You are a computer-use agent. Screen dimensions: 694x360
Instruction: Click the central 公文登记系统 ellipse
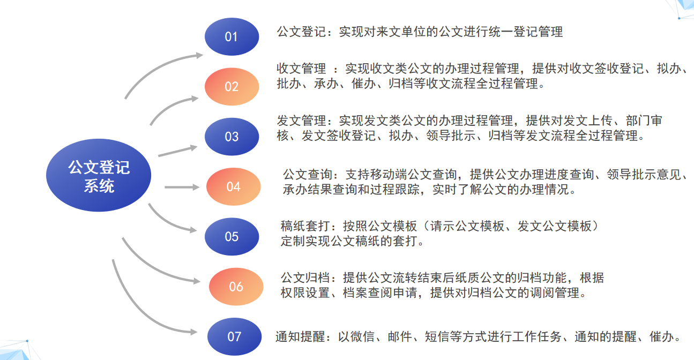click(99, 175)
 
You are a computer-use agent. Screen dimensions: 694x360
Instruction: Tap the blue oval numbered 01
click(232, 36)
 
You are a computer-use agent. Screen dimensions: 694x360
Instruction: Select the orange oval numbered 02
click(232, 87)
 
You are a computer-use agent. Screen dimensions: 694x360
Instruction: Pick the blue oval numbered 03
click(232, 137)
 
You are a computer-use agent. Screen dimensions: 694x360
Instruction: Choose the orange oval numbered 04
click(233, 186)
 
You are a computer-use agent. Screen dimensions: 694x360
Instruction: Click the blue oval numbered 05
click(232, 237)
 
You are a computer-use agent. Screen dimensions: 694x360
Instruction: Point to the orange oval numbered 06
click(236, 287)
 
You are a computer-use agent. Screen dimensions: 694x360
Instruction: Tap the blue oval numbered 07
click(234, 336)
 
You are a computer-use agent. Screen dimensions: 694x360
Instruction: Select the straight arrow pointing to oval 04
click(182, 187)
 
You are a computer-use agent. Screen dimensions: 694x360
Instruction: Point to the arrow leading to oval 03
click(178, 151)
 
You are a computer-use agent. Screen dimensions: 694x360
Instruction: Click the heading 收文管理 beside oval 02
click(301, 69)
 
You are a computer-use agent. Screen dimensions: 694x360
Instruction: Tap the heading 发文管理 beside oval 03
click(301, 121)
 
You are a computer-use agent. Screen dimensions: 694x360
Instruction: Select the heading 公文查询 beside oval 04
click(308, 175)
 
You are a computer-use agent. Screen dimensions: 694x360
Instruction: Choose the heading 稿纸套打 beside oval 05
click(305, 226)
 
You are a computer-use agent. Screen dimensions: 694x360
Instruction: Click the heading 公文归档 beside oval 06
click(305, 277)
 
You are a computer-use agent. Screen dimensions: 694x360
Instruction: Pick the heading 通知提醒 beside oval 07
click(300, 337)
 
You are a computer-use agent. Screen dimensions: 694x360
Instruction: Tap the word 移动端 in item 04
click(389, 175)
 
